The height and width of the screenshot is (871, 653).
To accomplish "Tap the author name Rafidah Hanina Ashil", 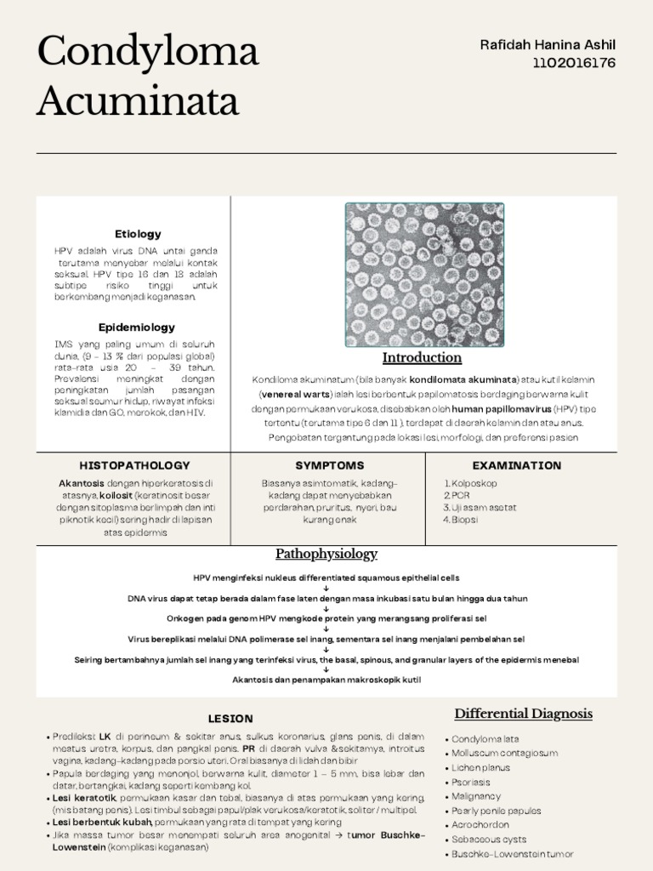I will click(548, 45).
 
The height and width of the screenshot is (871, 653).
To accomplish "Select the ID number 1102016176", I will click(574, 63).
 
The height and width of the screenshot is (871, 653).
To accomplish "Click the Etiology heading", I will click(138, 234).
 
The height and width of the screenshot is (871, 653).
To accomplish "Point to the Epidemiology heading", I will click(137, 327).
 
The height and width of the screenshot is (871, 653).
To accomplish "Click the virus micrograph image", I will click(424, 274).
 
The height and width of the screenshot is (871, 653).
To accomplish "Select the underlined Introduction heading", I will click(422, 358).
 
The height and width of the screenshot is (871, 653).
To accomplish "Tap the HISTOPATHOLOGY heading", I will click(134, 466).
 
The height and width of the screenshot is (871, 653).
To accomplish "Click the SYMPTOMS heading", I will click(329, 466).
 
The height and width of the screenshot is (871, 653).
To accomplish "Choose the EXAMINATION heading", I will click(517, 466).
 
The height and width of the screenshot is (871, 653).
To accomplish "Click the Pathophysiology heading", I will click(326, 555).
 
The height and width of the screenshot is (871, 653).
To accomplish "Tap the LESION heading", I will click(230, 719).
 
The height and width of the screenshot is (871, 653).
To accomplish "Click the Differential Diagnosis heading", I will click(523, 714).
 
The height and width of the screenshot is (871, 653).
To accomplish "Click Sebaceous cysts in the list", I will click(489, 840).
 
